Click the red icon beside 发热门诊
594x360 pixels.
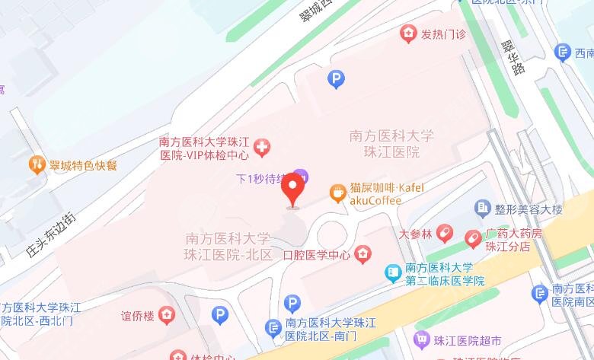[x=409, y=33]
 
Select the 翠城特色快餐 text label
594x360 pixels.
[x=83, y=165]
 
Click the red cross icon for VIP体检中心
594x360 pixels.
[x=262, y=146]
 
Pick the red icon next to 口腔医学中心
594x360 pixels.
[x=363, y=253]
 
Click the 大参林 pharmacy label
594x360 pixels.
[x=416, y=233]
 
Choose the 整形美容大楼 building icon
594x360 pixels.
[x=481, y=208]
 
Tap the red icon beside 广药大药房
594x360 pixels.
[x=473, y=238]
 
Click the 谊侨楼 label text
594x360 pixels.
[x=137, y=314]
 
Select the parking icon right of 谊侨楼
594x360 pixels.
[x=219, y=314]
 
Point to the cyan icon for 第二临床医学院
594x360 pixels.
[x=393, y=272]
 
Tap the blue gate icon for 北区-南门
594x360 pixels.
[x=272, y=328]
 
